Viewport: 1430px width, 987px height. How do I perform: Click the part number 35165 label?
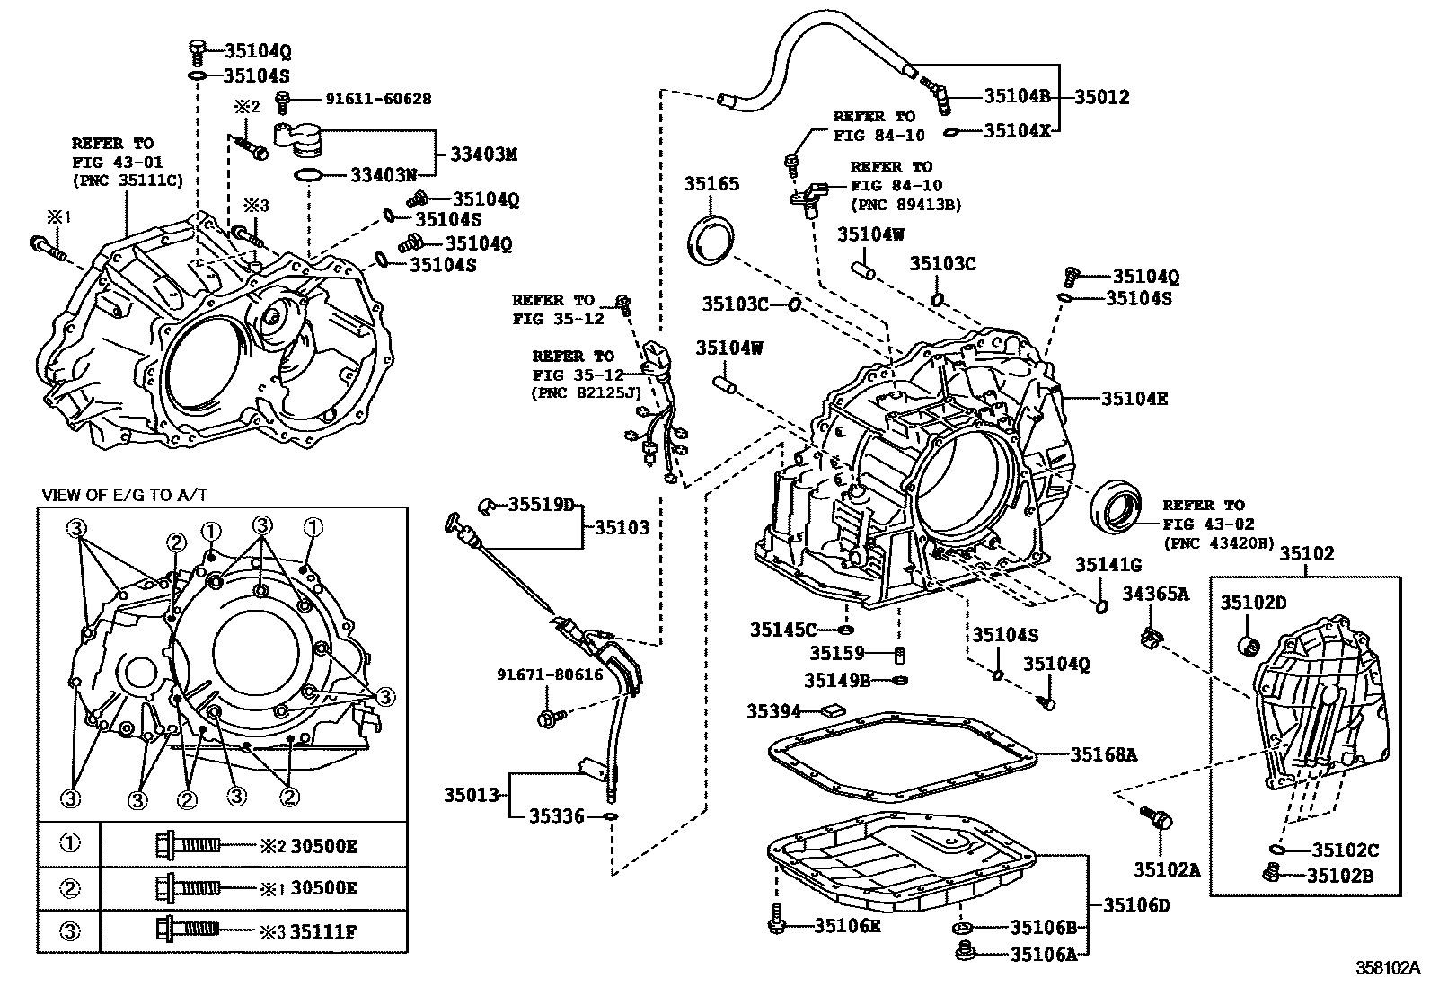(x=711, y=183)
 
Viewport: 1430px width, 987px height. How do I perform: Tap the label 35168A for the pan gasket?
(x=1103, y=755)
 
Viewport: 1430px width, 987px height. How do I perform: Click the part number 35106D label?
(x=1136, y=905)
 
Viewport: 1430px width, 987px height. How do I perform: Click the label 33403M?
(x=483, y=154)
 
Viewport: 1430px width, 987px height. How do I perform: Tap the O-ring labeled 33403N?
(x=308, y=175)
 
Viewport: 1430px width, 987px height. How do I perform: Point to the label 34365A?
(x=1155, y=594)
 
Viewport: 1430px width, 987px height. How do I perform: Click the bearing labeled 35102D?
(x=1249, y=643)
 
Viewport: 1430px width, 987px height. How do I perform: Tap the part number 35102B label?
(x=1339, y=876)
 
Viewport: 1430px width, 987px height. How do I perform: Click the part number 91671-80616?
(x=550, y=674)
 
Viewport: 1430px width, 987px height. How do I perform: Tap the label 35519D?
(x=541, y=505)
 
